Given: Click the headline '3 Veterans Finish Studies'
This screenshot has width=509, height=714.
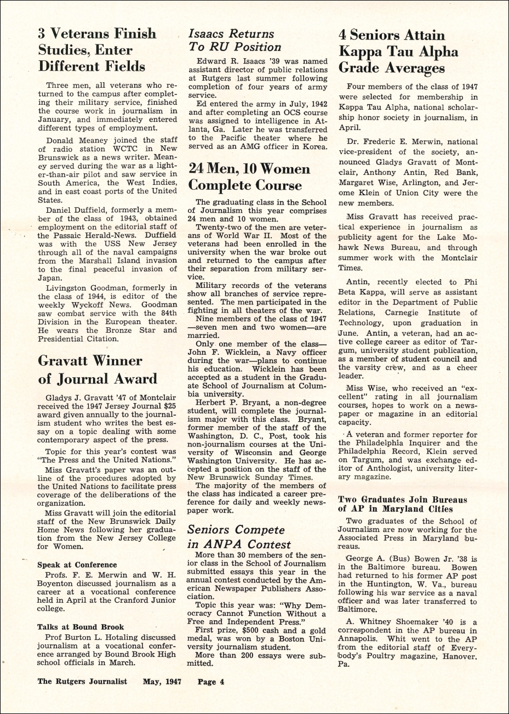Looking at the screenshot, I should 97,50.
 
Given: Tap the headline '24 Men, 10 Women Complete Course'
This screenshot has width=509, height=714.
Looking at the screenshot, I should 249,176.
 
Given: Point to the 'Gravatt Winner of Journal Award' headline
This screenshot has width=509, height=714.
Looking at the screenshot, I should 98,370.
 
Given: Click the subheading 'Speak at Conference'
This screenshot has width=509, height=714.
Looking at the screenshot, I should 77,564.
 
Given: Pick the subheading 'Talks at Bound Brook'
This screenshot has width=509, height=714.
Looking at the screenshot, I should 81,627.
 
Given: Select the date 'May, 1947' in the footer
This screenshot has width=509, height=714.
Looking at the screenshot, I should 162,682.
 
